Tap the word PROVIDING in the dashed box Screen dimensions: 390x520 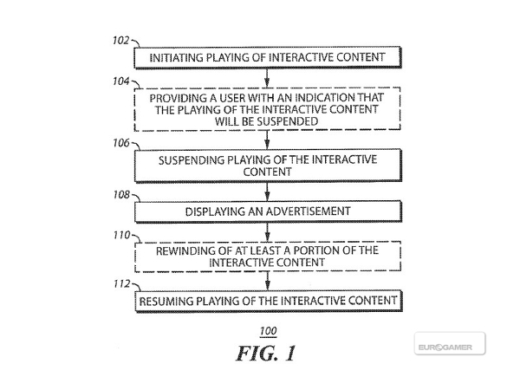[x=177, y=98]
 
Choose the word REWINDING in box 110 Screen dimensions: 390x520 [x=182, y=250]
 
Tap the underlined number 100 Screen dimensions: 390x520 [x=267, y=333]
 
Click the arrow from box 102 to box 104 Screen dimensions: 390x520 [x=267, y=78]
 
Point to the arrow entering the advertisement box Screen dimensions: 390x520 [x=267, y=194]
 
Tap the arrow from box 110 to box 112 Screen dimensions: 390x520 [x=267, y=282]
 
